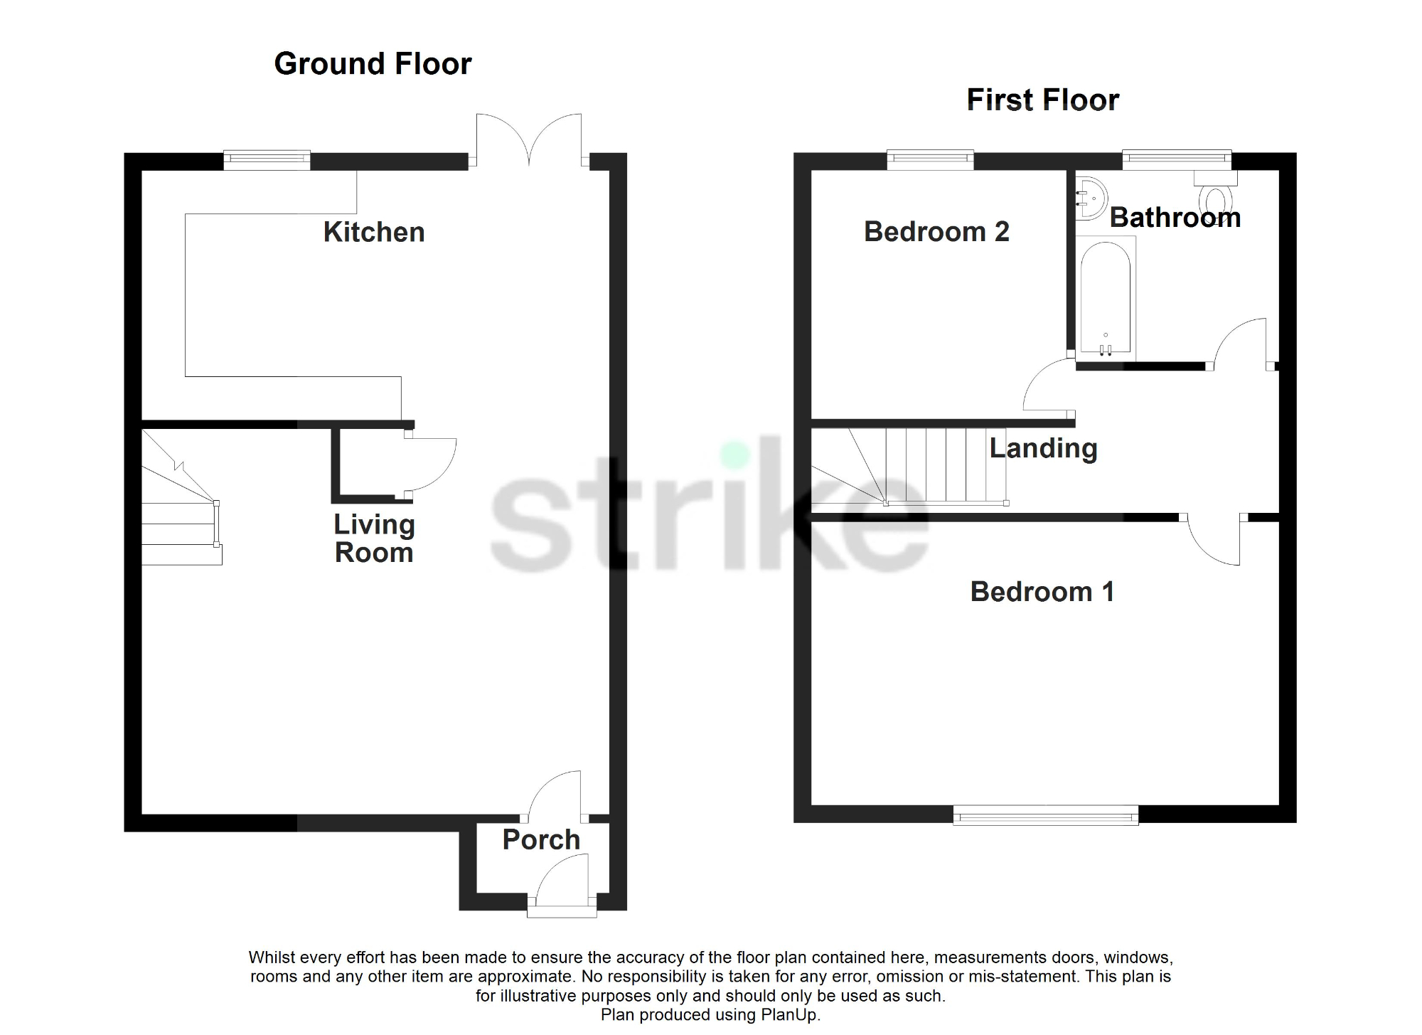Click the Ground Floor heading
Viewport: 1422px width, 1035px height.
click(373, 64)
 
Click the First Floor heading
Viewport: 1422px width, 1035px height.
click(1042, 100)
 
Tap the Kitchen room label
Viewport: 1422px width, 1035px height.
click(374, 232)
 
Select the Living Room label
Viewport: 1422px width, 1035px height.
click(374, 538)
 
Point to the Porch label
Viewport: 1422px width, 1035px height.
click(541, 839)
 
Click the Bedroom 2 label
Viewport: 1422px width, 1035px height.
click(936, 231)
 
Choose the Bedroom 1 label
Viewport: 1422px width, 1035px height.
click(1042, 592)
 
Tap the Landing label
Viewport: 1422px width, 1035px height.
click(1043, 448)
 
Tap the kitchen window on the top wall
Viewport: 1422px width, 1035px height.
click(267, 159)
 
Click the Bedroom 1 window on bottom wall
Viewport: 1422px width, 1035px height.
click(1045, 815)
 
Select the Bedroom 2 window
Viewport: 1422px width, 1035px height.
click(930, 160)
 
